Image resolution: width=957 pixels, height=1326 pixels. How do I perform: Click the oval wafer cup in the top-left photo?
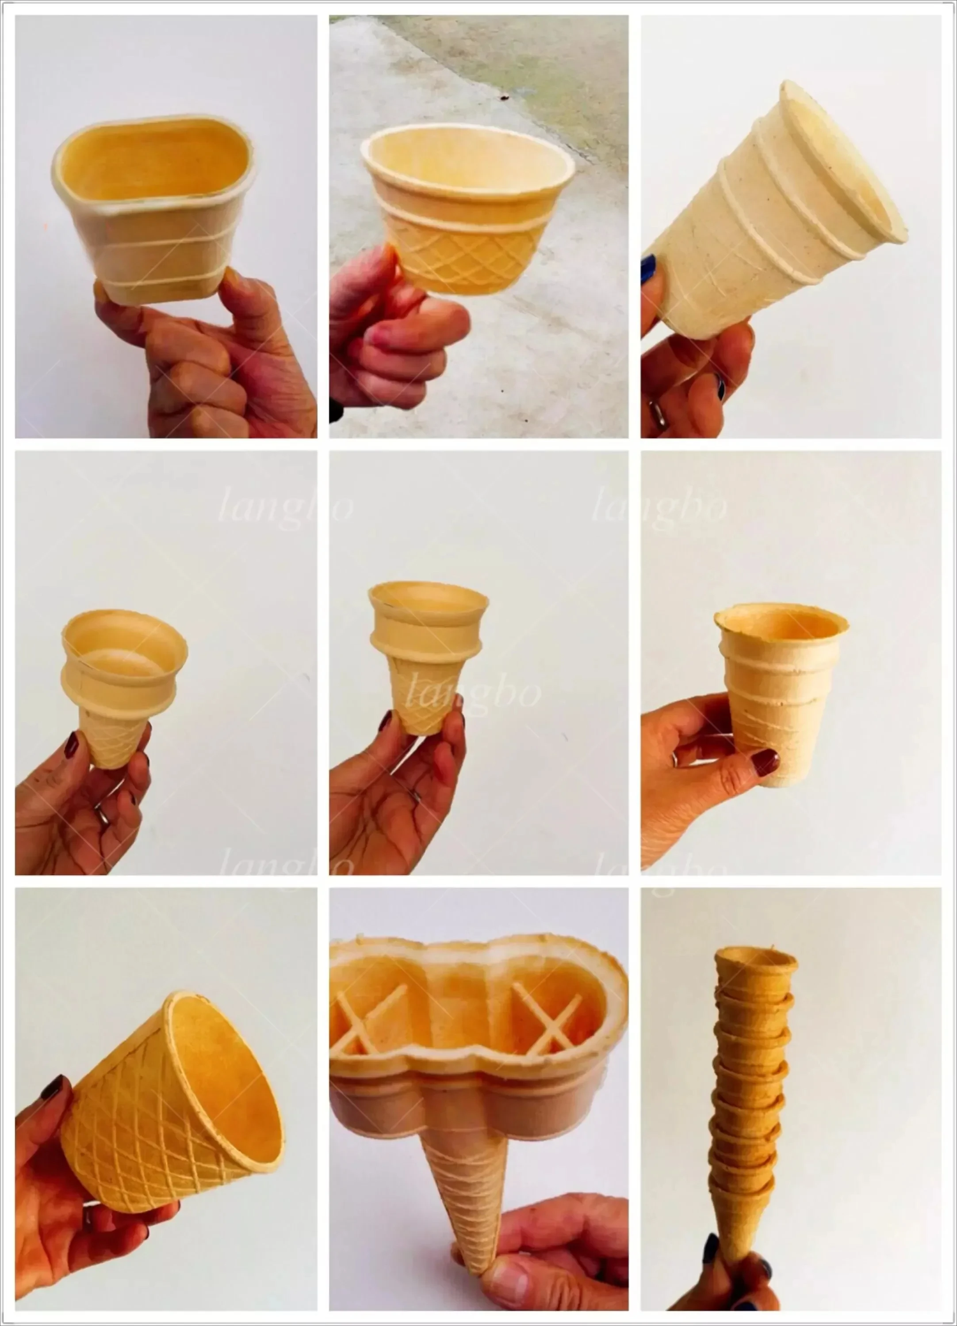tap(153, 210)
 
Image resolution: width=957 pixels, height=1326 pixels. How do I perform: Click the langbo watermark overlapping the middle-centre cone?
tap(474, 694)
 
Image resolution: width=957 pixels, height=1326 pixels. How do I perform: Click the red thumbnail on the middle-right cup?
tap(765, 762)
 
